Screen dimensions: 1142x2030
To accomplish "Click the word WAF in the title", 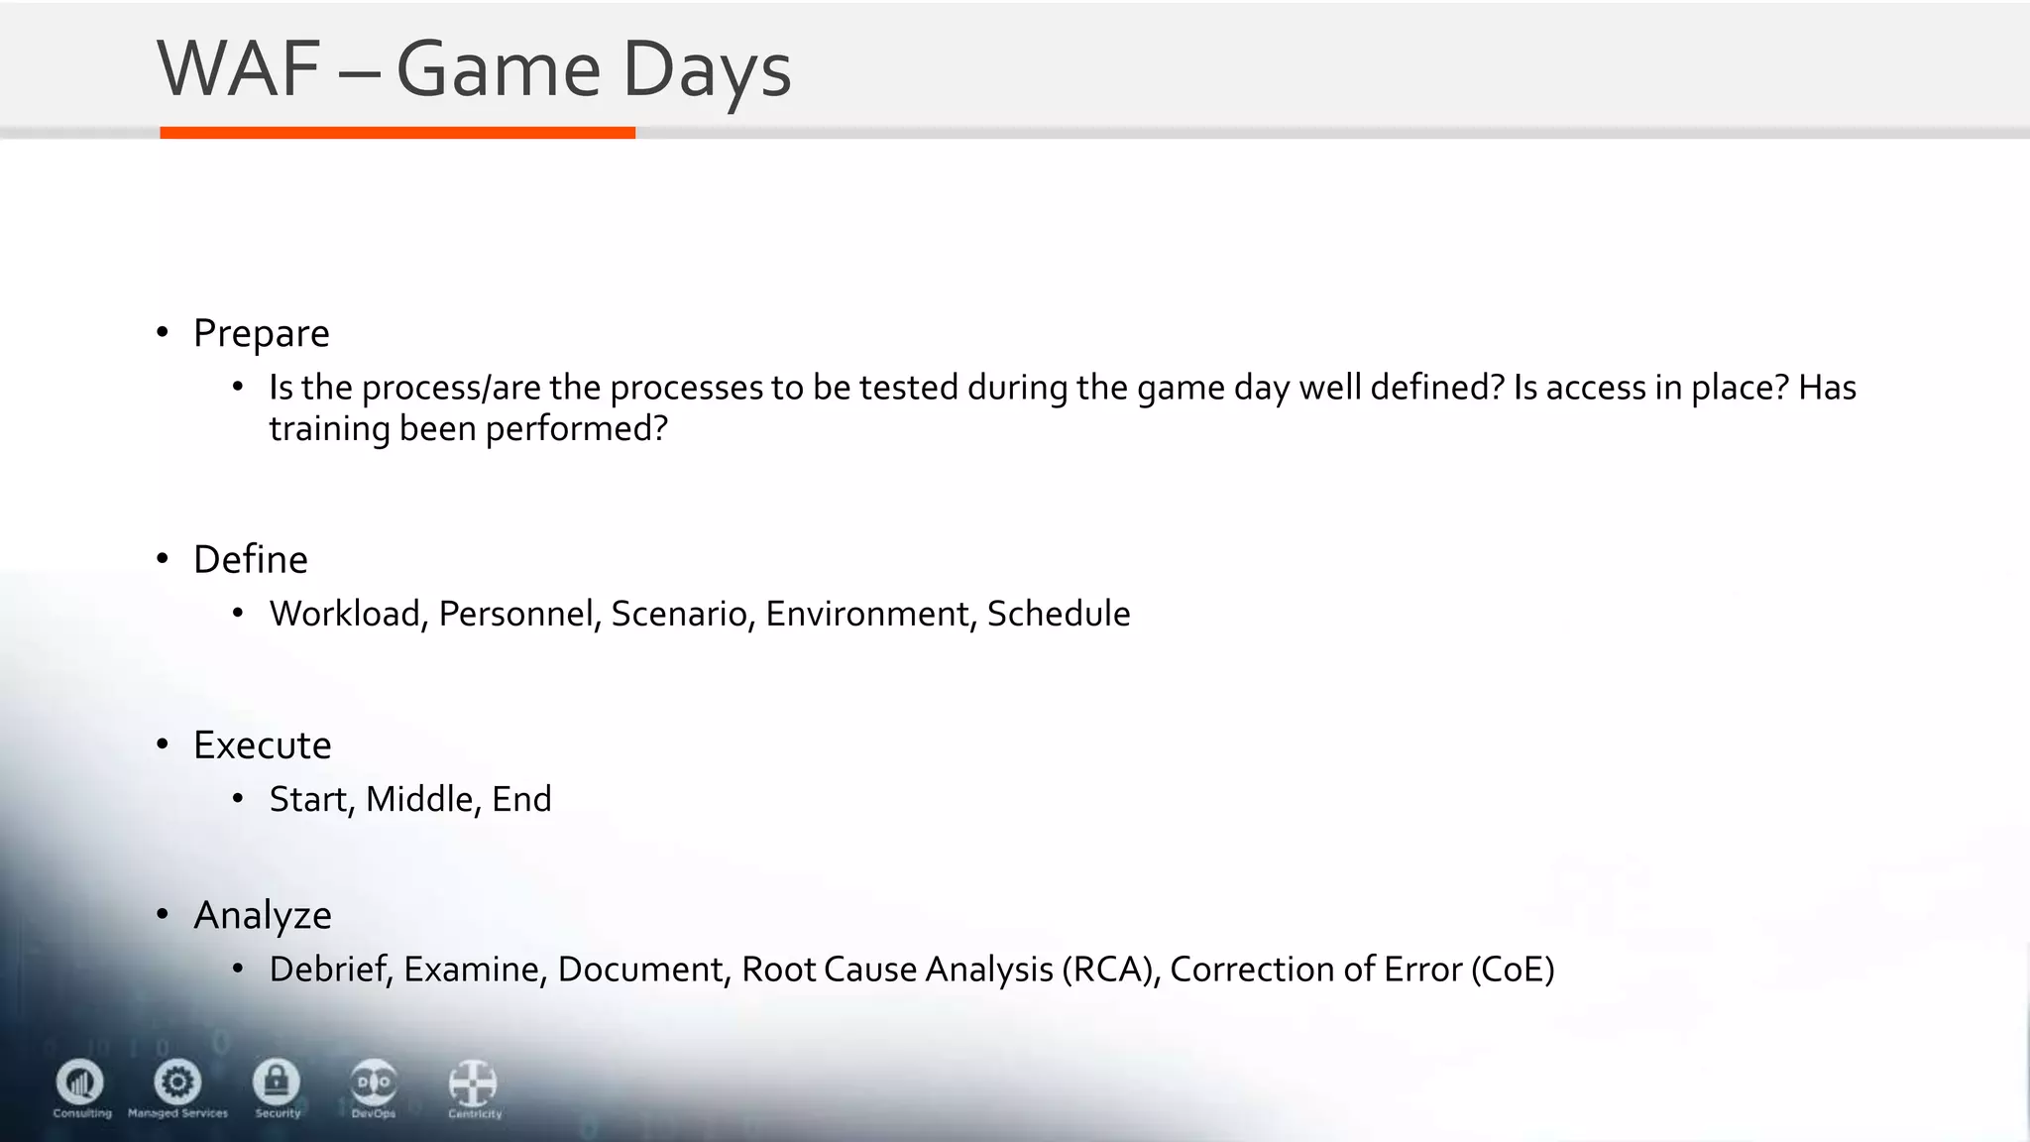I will pyautogui.click(x=238, y=69).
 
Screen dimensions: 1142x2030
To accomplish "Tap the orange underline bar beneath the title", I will pyautogui.click(x=396, y=133).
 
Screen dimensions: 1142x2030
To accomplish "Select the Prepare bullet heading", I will pyautogui.click(x=261, y=334).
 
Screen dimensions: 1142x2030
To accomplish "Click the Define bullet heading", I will pyautogui.click(x=250, y=560).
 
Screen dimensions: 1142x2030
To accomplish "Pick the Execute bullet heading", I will pyautogui.click(x=262, y=745).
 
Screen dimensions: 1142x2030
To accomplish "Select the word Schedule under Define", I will pyautogui.click(x=1058, y=614).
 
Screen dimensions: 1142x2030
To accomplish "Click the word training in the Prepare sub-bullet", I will pyautogui.click(x=329, y=429).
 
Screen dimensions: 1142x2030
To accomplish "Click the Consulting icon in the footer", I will pyautogui.click(x=80, y=1082).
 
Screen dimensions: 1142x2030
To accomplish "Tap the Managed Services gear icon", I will pyautogui.click(x=177, y=1082).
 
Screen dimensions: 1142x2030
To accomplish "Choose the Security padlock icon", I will pyautogui.click(x=277, y=1082).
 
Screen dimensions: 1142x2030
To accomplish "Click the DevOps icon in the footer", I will pyautogui.click(x=374, y=1083).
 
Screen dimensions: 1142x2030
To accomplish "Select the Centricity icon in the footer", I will pyautogui.click(x=473, y=1083).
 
